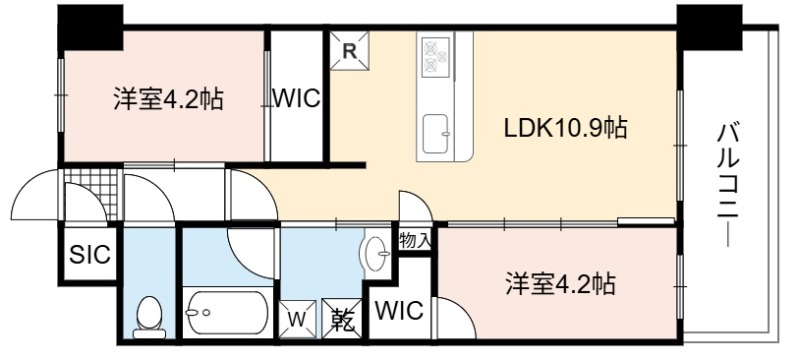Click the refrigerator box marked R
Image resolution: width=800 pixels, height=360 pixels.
click(349, 50)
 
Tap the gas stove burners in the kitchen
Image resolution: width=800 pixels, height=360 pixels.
click(436, 57)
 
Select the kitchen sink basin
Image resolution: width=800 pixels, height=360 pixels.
click(436, 134)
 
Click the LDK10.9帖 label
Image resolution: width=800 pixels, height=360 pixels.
click(565, 127)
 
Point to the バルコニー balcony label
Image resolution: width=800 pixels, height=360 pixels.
click(728, 185)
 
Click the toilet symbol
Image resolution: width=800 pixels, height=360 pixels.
click(149, 317)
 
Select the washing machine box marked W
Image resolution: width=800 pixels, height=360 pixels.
click(297, 319)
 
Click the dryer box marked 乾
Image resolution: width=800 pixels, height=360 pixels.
click(342, 319)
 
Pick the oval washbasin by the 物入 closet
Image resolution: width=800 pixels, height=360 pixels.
click(376, 253)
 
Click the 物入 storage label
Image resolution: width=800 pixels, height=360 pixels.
click(415, 240)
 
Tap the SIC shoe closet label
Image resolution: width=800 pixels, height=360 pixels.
click(90, 254)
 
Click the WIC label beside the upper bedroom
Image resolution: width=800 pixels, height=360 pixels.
click(297, 98)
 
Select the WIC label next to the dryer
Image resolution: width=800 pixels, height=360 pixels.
click(400, 310)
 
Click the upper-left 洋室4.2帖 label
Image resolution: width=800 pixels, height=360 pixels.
click(168, 98)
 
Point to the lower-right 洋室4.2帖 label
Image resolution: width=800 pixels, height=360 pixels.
click(561, 284)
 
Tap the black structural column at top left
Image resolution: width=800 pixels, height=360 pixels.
click(90, 28)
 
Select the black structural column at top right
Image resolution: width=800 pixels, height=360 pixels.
click(709, 28)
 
